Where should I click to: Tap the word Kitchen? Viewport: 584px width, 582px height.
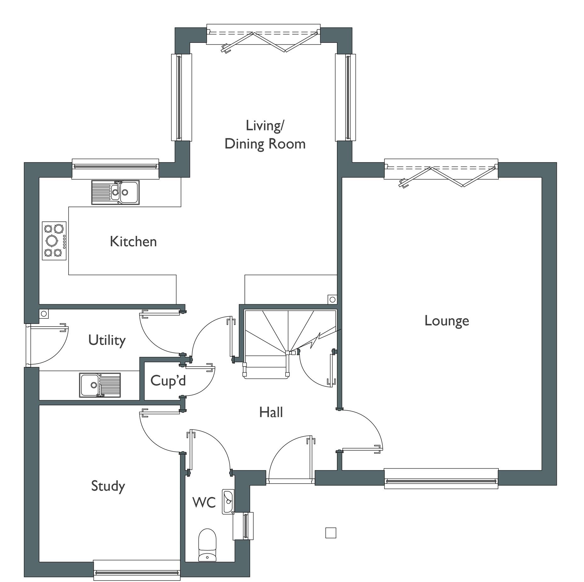tap(133, 242)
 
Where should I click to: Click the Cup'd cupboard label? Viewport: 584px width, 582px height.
tap(168, 380)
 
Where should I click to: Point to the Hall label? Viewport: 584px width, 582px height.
tap(271, 412)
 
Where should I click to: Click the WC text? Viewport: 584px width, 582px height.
tap(204, 502)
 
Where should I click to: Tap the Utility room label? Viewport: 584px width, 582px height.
tap(107, 340)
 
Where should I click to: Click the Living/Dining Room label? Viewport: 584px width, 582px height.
tap(265, 135)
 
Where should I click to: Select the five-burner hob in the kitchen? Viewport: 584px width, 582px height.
tap(54, 241)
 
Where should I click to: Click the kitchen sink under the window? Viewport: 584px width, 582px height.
tap(115, 192)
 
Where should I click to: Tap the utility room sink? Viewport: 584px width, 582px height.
tap(100, 385)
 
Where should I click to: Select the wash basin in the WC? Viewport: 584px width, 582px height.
tap(228, 501)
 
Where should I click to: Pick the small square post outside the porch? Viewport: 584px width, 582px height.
tap(330, 533)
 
